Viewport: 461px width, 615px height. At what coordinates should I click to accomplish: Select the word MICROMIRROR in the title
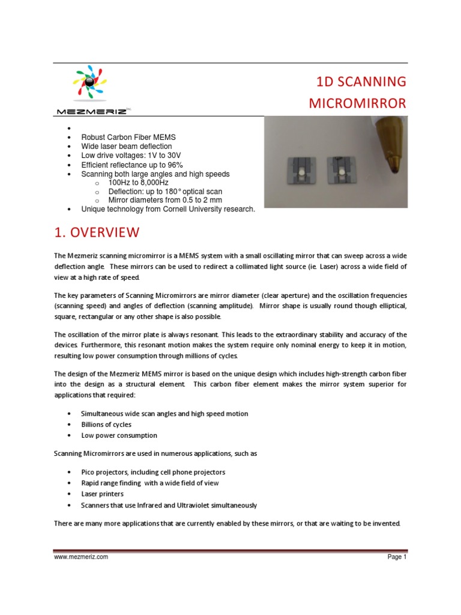(357, 103)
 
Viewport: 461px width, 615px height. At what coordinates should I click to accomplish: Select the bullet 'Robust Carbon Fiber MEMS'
(128, 137)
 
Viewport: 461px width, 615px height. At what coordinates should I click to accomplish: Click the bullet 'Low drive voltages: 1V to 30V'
(131, 156)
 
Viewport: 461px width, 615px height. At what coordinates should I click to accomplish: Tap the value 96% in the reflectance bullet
(175, 165)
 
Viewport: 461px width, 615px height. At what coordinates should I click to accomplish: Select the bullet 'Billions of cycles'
(106, 425)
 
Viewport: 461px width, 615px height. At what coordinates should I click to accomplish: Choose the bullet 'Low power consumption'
(119, 435)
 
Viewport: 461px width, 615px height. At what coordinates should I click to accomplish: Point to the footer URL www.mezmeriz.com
(81, 557)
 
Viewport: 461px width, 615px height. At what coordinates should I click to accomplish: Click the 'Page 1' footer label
(397, 557)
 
